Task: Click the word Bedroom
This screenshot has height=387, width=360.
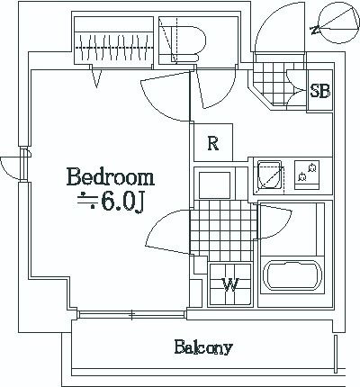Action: (x=111, y=177)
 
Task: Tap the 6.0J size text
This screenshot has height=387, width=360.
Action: (x=123, y=202)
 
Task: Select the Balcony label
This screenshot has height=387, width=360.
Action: (x=203, y=347)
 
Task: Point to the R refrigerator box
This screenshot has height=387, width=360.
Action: (x=213, y=142)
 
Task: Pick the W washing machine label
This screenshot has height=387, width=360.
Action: (x=230, y=284)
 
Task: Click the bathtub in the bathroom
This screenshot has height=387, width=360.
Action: (x=292, y=275)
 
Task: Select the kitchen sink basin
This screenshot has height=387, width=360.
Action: (x=270, y=175)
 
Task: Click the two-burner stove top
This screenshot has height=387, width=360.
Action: (x=307, y=175)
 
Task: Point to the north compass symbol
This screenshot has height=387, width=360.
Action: (x=338, y=24)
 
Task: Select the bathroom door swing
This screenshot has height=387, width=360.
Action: (x=274, y=220)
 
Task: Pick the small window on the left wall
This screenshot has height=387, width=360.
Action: (x=23, y=165)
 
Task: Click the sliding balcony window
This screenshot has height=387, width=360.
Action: (x=132, y=314)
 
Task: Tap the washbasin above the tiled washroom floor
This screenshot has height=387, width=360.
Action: (x=215, y=184)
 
